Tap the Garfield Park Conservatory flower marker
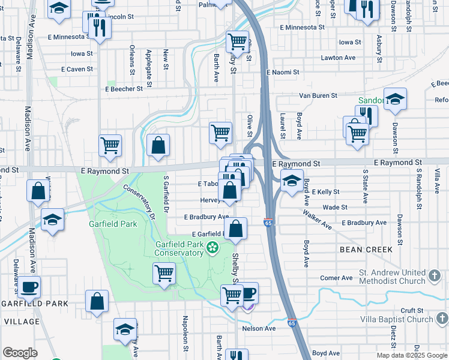(212, 247)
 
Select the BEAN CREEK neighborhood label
(366, 249)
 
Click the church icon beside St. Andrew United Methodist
(435, 277)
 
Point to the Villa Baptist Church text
(396, 319)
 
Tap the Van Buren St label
(319, 95)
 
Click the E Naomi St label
(283, 72)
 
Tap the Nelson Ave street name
(259, 328)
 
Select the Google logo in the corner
(20, 352)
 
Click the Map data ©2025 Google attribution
(411, 355)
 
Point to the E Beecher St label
(124, 88)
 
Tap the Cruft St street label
(413, 310)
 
